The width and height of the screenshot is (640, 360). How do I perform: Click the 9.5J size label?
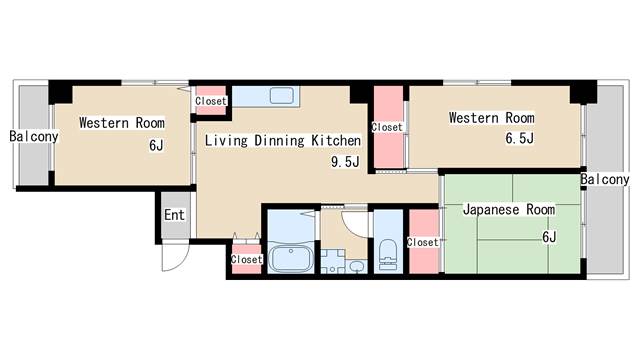pos(345,162)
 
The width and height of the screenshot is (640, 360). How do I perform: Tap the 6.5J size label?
pos(519,139)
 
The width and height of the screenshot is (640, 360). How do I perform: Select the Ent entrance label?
pos(174,215)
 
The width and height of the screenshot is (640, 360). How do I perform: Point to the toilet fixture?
pos(387,255)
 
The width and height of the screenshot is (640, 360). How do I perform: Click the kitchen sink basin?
pos(282,96)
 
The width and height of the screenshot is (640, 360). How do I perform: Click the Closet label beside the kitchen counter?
pos(211,101)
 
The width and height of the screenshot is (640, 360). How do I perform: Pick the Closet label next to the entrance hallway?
pos(246,259)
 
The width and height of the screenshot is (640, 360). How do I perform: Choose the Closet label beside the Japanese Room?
pos(422,242)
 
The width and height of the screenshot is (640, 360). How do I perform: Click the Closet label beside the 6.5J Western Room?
pos(387,127)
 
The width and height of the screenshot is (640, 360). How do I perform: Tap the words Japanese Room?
pos(509,210)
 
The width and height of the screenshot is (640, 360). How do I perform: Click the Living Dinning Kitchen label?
pos(282,140)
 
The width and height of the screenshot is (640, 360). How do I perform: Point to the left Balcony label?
pos(34,136)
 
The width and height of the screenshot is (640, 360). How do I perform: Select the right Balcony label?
pos(605,179)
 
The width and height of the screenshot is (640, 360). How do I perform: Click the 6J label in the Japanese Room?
pos(549,237)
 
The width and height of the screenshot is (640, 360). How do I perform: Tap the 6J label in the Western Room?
pos(156,145)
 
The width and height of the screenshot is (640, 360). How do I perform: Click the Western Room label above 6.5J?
pos(491,118)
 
